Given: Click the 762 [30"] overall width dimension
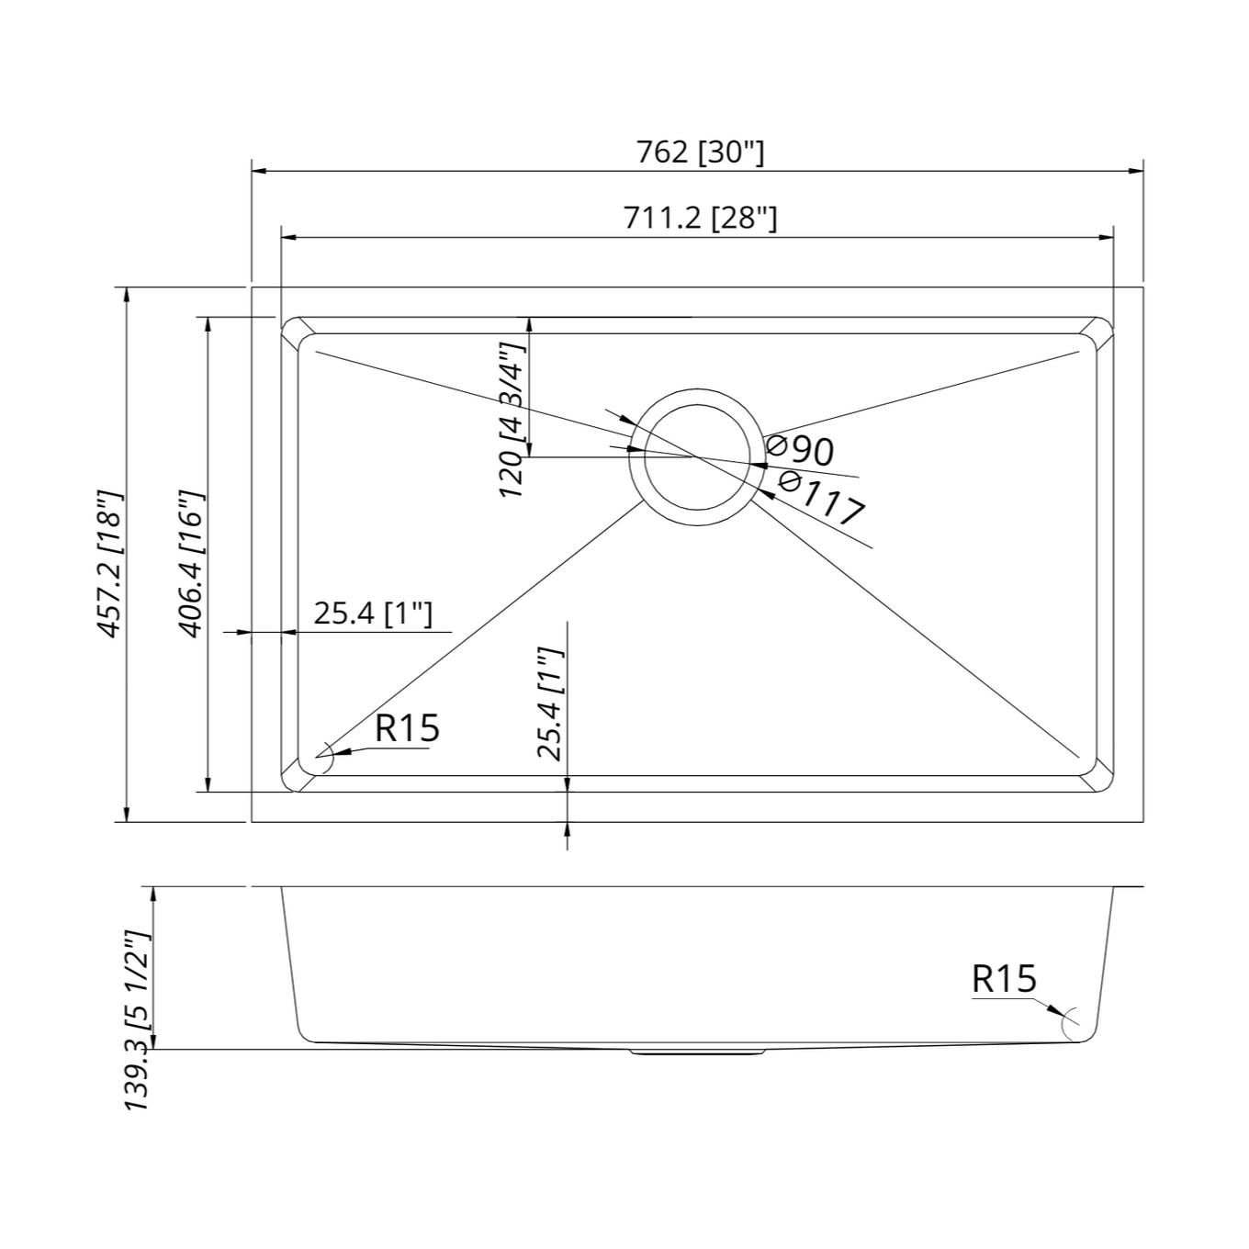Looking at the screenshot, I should click(x=700, y=152).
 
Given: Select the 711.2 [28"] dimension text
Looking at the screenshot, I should click(x=700, y=219).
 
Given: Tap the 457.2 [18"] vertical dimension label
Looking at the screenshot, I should click(x=109, y=564).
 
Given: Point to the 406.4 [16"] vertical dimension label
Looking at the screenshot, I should click(x=191, y=564).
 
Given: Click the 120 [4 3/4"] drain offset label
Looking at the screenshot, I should click(x=512, y=421).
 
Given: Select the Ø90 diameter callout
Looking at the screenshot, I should click(x=801, y=450).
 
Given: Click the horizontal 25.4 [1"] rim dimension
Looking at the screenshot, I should click(x=373, y=613).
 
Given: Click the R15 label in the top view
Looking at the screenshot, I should click(x=407, y=728).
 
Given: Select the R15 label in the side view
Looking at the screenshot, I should click(x=1004, y=979).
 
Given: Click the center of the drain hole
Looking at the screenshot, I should click(x=697, y=456).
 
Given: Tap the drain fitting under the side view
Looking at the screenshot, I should click(x=697, y=1052).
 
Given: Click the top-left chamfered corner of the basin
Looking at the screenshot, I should click(x=296, y=332).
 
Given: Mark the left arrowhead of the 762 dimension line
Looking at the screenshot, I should click(x=260, y=171).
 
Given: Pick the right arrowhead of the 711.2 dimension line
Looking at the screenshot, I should click(x=1106, y=238).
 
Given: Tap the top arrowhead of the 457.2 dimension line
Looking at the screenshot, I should click(x=126, y=295).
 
